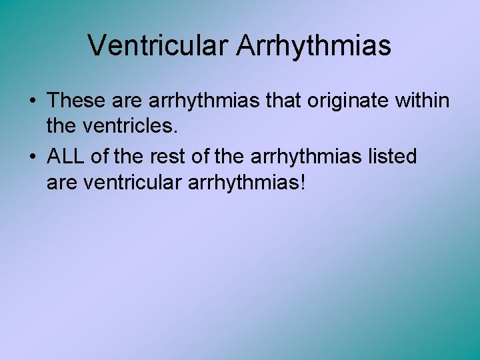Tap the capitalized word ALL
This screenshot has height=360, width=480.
tap(65, 157)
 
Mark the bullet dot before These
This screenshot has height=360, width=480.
tap(32, 101)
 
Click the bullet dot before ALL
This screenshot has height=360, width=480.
tap(32, 157)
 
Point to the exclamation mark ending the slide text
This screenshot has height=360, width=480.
tap(304, 181)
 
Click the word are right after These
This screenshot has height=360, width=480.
tap(127, 101)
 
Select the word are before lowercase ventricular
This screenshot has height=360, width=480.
tap(62, 181)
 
